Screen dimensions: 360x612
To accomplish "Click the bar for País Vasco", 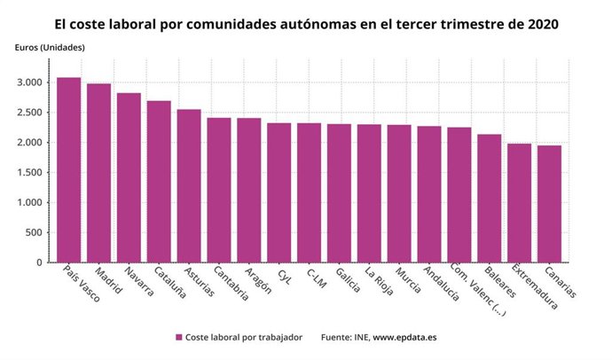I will tap(68, 170).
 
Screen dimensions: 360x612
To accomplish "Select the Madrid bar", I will tap(98, 173).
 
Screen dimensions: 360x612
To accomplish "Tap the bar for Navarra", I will tap(129, 177).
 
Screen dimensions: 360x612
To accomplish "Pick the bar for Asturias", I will tap(189, 186).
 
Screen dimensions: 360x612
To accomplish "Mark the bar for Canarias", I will tap(549, 204).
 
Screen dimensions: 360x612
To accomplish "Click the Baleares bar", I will tap(489, 199).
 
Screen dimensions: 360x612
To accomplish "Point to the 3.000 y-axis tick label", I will tap(29, 82).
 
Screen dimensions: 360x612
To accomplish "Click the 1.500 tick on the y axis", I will tap(29, 173).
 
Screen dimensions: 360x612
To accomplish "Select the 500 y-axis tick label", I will tap(34, 232).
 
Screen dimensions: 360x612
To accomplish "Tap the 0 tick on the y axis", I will tap(39, 262).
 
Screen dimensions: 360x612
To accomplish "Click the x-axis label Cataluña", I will tap(168, 283).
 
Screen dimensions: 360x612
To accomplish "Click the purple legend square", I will tap(179, 337).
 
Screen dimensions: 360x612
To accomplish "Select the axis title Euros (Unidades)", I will tap(50, 47).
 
